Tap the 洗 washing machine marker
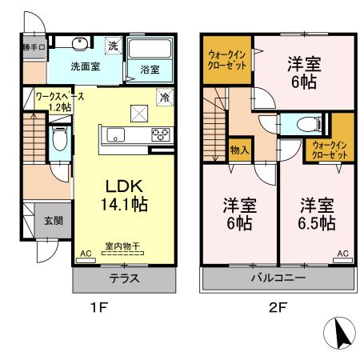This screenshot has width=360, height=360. pyautogui.click(x=114, y=46)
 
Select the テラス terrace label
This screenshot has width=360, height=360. pyautogui.click(x=125, y=279)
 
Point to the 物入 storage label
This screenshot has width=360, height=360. pyautogui.click(x=238, y=149)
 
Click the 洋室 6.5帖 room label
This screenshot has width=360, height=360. pyautogui.click(x=318, y=214)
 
